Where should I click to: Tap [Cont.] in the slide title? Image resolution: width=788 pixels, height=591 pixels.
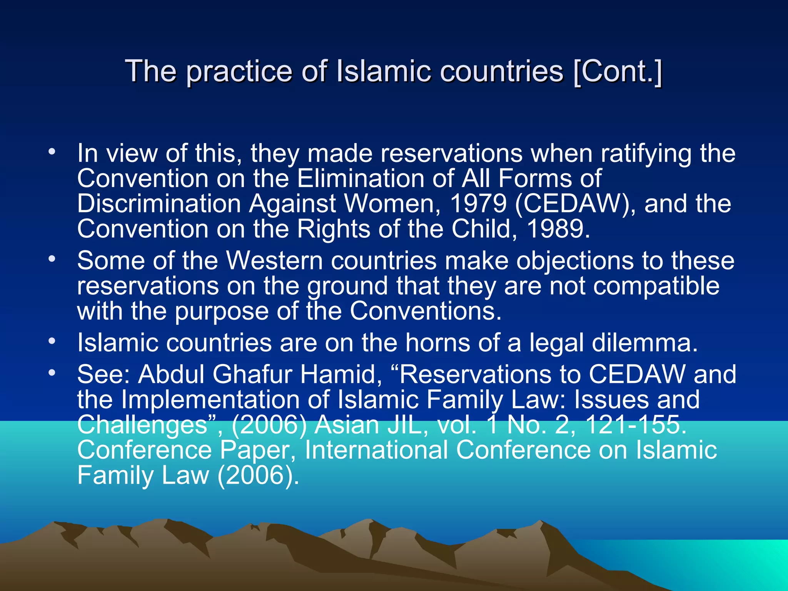tap(618, 71)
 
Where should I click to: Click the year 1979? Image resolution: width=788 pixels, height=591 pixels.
tap(478, 204)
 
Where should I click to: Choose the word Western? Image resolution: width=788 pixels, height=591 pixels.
tap(274, 260)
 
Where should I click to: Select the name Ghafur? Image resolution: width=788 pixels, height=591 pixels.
tap(252, 374)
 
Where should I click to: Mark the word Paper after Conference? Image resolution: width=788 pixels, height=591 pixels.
tap(257, 450)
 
